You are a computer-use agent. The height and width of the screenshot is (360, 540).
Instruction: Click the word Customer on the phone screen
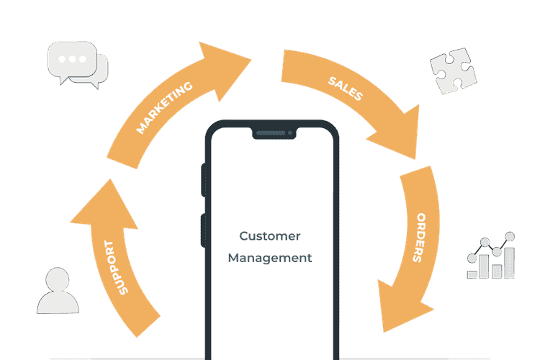pyautogui.click(x=270, y=236)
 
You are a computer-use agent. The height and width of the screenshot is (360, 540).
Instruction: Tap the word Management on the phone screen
pyautogui.click(x=270, y=258)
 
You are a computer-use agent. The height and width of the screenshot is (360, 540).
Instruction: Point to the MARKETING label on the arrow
pyautogui.click(x=165, y=108)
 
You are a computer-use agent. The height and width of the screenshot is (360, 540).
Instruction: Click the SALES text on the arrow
pyautogui.click(x=346, y=85)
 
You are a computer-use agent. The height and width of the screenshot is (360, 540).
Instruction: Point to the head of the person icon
pyautogui.click(x=58, y=279)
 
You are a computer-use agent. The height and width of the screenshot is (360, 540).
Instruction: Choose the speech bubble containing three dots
pyautogui.click(x=71, y=58)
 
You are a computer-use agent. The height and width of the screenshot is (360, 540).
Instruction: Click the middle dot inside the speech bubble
pyautogui.click(x=71, y=58)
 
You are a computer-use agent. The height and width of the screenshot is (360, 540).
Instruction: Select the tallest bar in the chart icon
pyautogui.click(x=509, y=262)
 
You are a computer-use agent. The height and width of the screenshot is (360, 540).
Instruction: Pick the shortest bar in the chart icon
pyautogui.click(x=472, y=273)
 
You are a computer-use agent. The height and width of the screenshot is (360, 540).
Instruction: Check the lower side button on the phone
pyautogui.click(x=204, y=230)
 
